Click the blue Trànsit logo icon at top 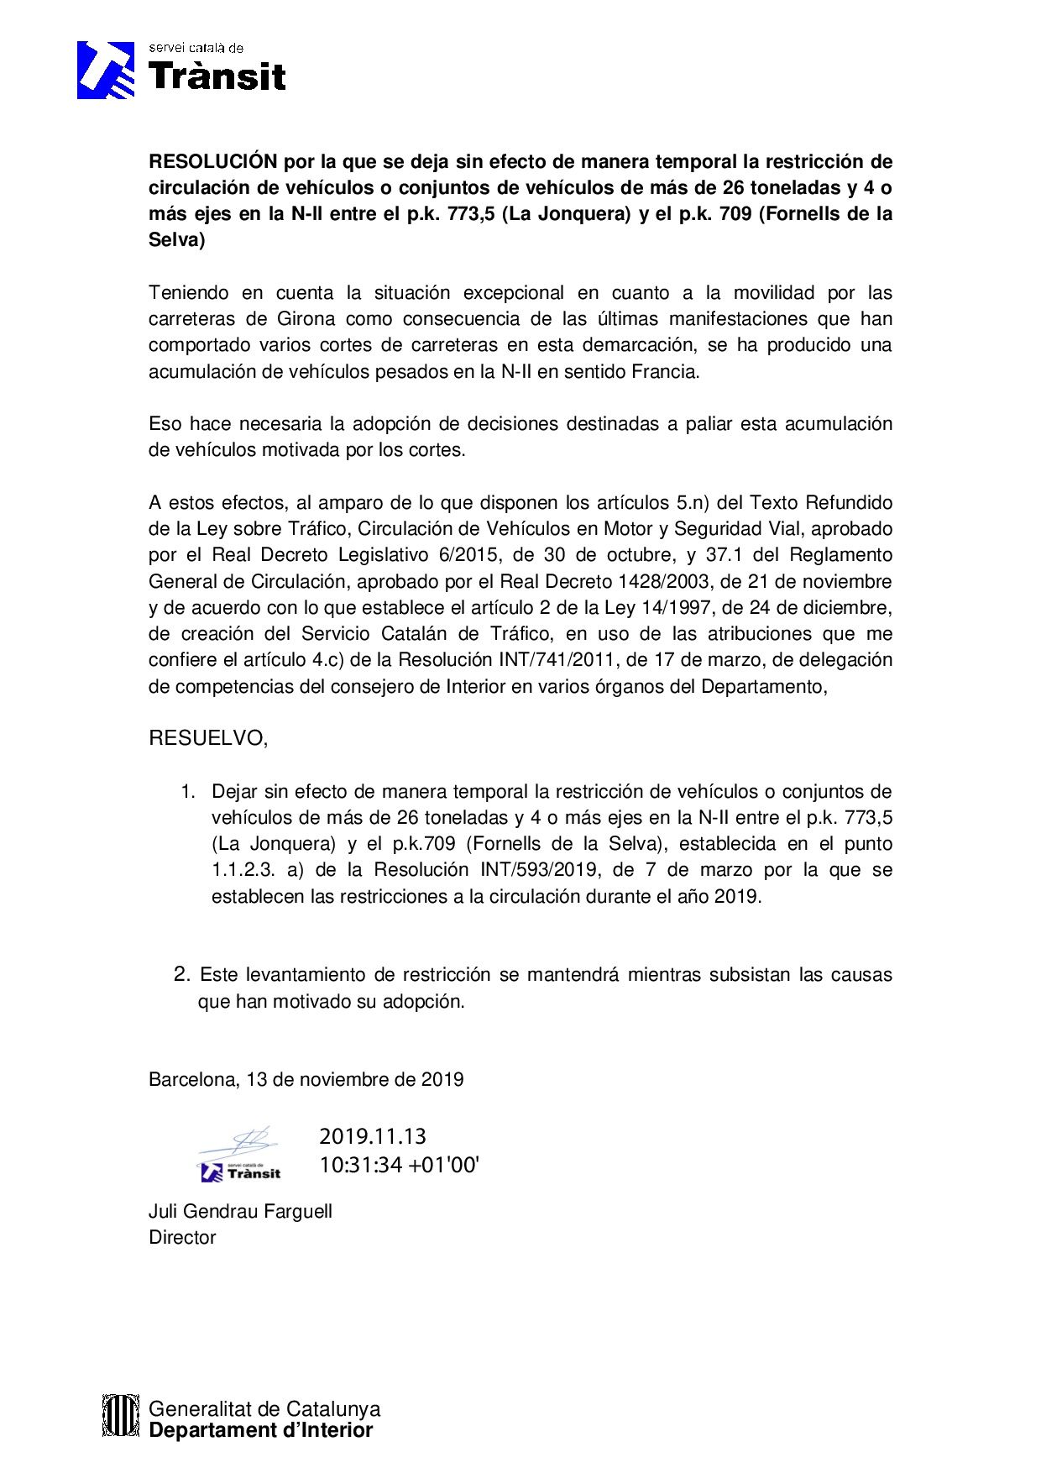(106, 71)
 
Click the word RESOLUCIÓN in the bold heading (212, 161)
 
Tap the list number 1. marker (189, 791)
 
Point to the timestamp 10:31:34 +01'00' (399, 1166)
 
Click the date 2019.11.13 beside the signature (373, 1137)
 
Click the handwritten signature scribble (243, 1142)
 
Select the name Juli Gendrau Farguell (240, 1211)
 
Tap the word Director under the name (182, 1237)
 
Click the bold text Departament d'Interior (260, 1431)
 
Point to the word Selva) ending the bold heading (176, 240)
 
